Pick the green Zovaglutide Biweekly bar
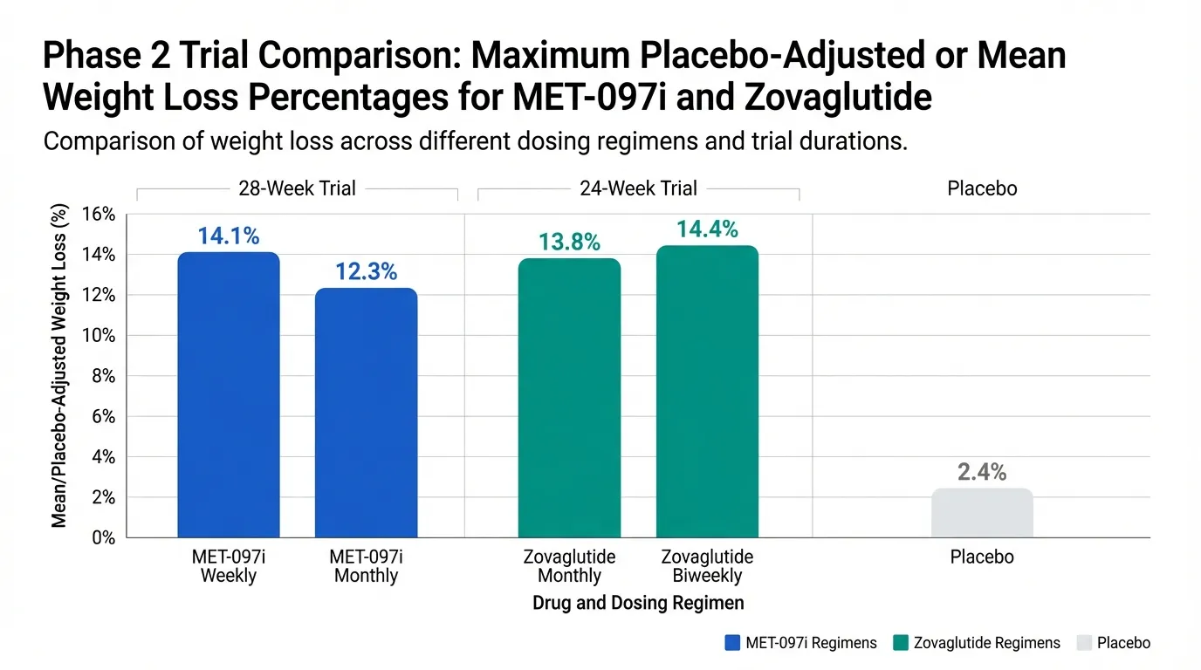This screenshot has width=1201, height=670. coord(707,392)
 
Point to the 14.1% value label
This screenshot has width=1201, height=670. coord(229,236)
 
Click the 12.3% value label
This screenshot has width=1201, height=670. coord(366,272)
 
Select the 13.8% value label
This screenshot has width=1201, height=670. coord(569,243)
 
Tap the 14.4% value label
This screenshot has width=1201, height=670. coord(707,229)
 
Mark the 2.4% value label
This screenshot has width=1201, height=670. coord(982,473)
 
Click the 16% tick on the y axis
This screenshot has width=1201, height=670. coord(97,215)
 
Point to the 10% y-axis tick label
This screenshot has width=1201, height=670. coord(97,336)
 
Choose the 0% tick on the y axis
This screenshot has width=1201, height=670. coord(101,537)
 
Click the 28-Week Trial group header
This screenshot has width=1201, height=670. coord(297,188)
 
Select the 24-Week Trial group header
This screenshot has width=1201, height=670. coord(638,188)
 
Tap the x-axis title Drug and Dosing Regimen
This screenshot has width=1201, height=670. coord(638,603)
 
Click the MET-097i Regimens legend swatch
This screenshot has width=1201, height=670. coord(732,643)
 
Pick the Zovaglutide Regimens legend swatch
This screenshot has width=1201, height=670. coord(901,643)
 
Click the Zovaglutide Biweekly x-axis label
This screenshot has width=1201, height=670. coord(707,566)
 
